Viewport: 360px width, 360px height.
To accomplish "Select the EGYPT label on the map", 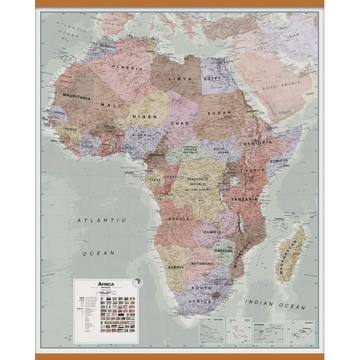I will [x=212, y=80].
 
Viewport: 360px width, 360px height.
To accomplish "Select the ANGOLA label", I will [x=179, y=219].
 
